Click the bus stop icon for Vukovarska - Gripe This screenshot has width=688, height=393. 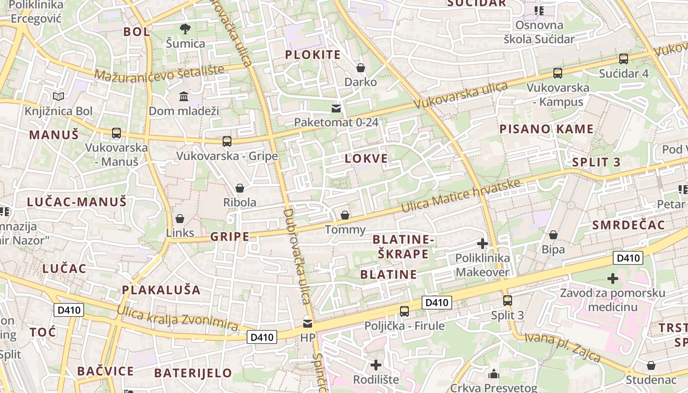(227, 141)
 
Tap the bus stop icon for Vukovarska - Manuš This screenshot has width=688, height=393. (116, 133)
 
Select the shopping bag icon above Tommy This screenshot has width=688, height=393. (345, 215)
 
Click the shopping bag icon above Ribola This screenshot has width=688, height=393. (240, 188)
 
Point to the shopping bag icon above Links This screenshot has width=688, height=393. (180, 219)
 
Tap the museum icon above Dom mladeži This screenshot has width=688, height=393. (184, 96)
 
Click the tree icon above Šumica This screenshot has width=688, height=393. (185, 29)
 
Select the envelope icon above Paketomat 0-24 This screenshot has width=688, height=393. (336, 108)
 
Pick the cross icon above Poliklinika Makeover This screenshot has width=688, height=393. (483, 243)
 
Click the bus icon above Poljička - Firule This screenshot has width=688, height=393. (404, 311)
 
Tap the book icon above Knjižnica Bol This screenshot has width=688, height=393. (58, 96)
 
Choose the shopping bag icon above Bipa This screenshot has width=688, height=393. (553, 235)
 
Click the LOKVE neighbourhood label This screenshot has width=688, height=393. (366, 159)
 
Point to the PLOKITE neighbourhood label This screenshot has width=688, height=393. (313, 55)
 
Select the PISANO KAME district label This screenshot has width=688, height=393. (546, 129)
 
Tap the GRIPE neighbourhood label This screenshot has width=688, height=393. (230, 237)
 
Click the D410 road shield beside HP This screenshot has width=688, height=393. (262, 337)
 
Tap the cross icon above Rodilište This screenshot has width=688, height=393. (376, 365)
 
